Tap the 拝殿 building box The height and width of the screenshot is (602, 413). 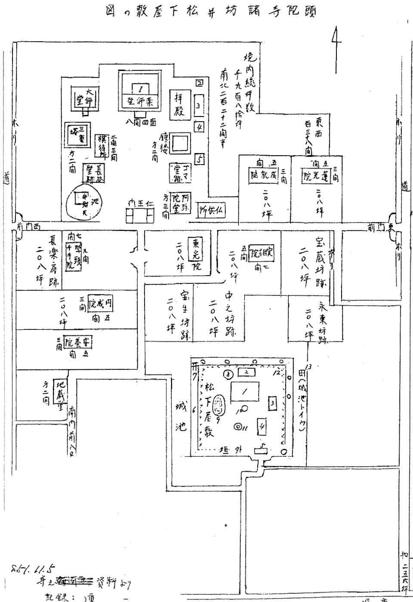[179, 104]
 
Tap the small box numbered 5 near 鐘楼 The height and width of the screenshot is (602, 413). [199, 158]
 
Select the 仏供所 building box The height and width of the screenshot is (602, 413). [211, 211]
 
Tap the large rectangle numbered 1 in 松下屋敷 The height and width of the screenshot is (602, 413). [245, 392]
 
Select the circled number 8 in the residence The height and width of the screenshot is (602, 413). [228, 372]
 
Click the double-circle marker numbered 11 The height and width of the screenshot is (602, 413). [237, 427]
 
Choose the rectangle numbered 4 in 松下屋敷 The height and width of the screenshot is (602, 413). [261, 427]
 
